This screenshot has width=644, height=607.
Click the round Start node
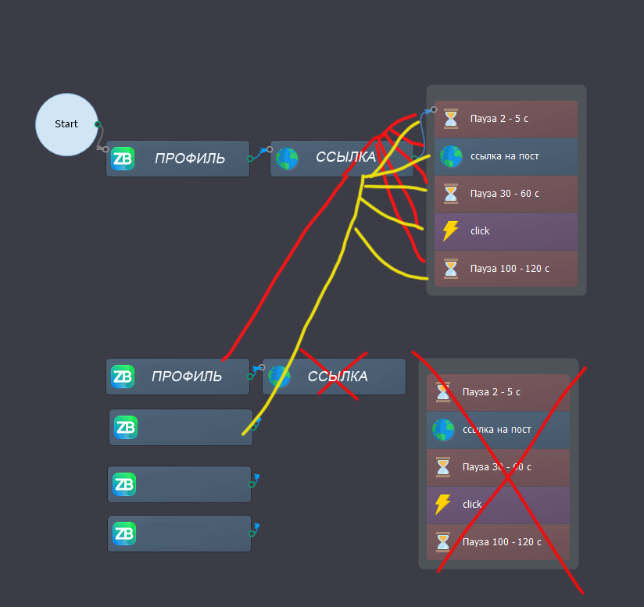point(66,124)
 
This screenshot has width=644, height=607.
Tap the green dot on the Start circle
point(98,124)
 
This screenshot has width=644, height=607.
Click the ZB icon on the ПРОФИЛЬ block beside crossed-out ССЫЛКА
point(122,377)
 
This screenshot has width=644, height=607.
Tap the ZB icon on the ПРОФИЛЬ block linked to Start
point(122,159)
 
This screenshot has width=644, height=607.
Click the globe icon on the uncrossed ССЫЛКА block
point(288,159)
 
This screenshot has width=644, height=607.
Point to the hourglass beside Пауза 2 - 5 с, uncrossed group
point(451,119)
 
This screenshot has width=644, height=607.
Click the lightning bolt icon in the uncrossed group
point(451,231)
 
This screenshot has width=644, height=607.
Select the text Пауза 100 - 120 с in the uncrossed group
point(510,269)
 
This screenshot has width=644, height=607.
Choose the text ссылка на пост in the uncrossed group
point(504,156)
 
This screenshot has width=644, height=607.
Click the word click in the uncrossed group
point(480,231)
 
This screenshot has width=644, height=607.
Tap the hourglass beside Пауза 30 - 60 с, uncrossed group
point(451,194)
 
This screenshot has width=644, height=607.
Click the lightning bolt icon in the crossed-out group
point(443,505)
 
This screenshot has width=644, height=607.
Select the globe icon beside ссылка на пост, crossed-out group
point(443,430)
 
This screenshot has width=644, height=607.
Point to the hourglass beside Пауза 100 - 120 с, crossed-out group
point(443,542)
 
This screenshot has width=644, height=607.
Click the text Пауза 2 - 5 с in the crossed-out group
point(491,392)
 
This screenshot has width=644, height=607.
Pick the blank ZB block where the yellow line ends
point(181,427)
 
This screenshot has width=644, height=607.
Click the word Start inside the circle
point(66,124)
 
